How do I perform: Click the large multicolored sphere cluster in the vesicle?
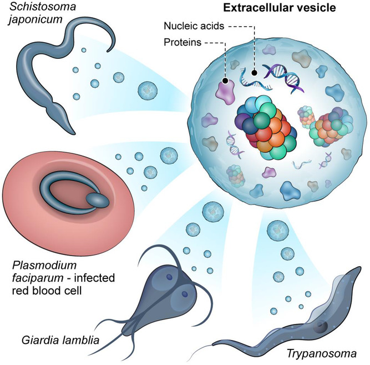[x=265, y=126]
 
